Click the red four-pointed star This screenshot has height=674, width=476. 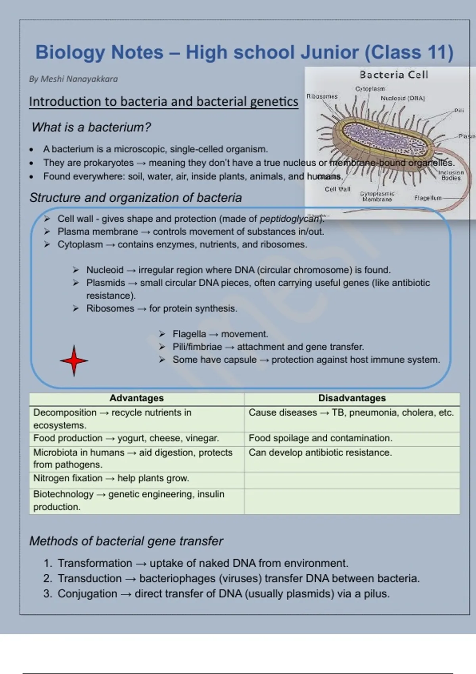coord(74,360)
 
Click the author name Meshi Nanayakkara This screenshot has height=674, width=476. coord(73,79)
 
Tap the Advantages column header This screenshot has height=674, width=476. coord(136,398)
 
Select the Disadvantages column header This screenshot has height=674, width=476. coord(352,398)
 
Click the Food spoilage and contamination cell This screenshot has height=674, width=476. coord(320,438)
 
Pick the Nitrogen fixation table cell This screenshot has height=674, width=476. coord(111,478)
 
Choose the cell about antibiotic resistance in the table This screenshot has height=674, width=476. coord(320,452)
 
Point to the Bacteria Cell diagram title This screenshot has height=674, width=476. coord(393,75)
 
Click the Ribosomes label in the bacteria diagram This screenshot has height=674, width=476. coord(322,96)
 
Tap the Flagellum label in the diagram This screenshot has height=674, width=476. coord(428,198)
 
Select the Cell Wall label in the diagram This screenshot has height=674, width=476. coord(338,189)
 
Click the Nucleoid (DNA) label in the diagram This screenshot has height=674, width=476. coord(403,98)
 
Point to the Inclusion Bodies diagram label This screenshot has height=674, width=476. coord(451,175)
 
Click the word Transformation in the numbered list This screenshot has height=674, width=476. coord(95,563)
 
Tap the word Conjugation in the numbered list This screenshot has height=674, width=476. coord(87,594)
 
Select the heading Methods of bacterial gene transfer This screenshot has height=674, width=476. coord(126,541)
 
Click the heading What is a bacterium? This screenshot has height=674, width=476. coord(91,127)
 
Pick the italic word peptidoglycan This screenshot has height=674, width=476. coord(290,219)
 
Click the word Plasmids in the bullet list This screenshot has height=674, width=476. coord(106,283)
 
